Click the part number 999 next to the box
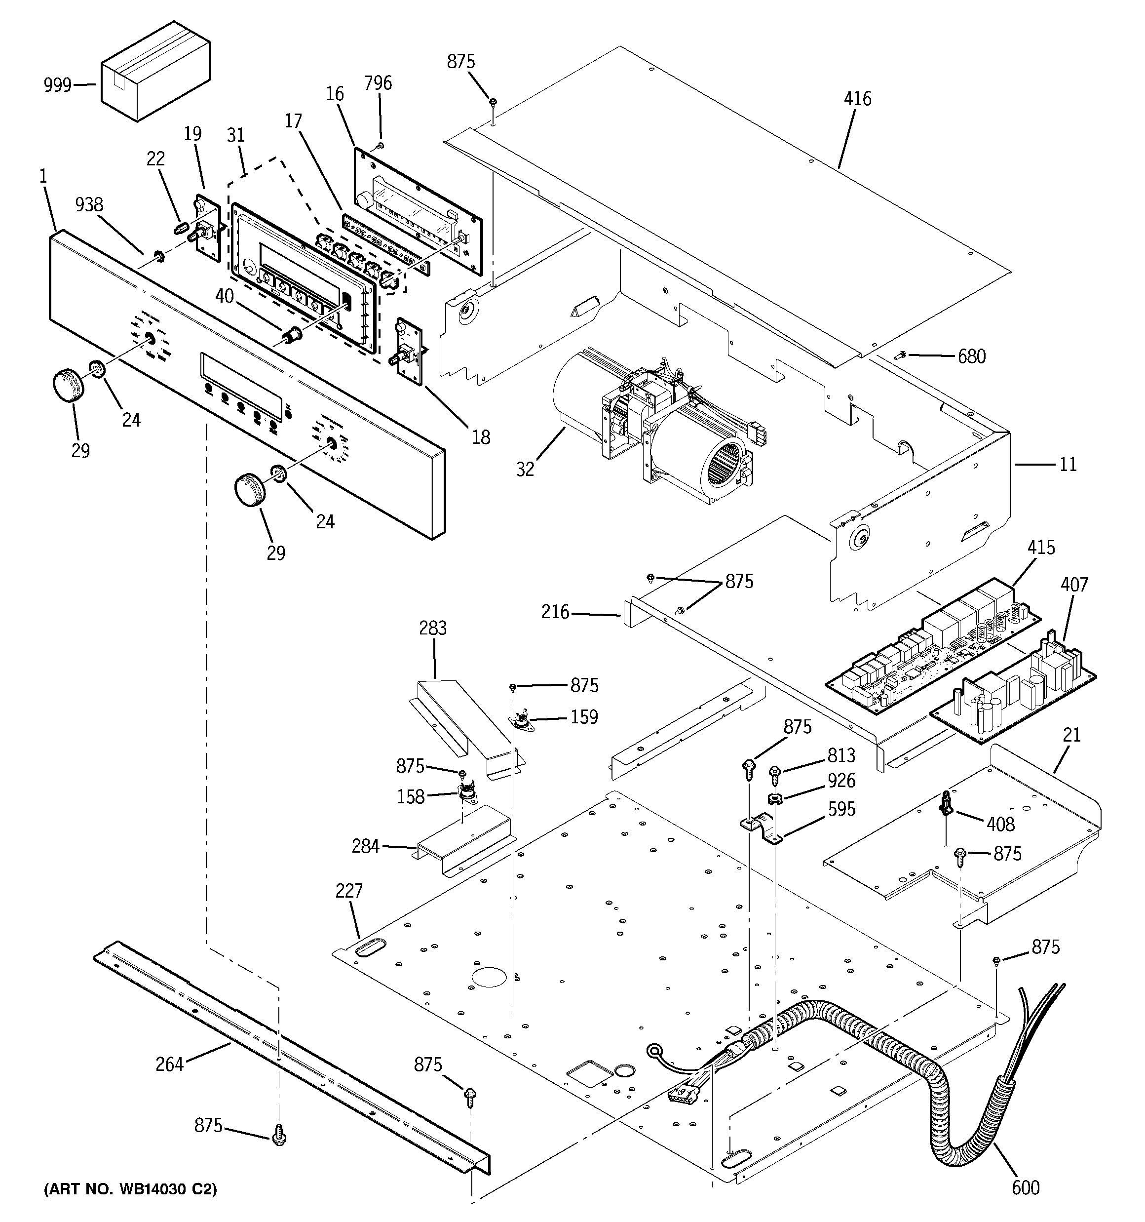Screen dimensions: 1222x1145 pos(58,85)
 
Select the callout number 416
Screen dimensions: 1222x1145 pos(857,98)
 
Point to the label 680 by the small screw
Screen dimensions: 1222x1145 pos(972,356)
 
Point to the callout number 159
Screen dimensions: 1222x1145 pos(584,717)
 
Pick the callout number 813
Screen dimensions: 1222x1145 pos(841,755)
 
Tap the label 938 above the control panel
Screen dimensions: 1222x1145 pos(89,205)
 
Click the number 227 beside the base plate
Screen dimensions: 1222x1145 pos(349,890)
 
